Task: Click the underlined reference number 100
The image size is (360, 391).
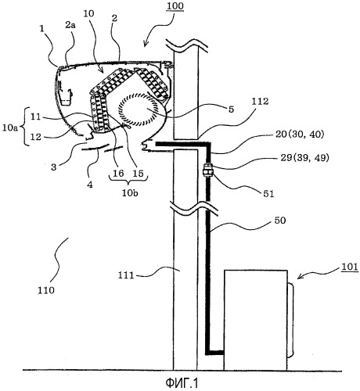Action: click(175, 6)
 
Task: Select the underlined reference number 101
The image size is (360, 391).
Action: click(349, 267)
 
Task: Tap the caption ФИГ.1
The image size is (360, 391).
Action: click(182, 383)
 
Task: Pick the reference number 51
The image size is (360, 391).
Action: click(268, 193)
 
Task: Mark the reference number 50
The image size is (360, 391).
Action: click(280, 221)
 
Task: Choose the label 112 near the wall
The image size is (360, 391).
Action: click(260, 101)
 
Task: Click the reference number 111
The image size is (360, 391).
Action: click(126, 275)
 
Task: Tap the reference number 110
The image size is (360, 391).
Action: click(46, 290)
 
